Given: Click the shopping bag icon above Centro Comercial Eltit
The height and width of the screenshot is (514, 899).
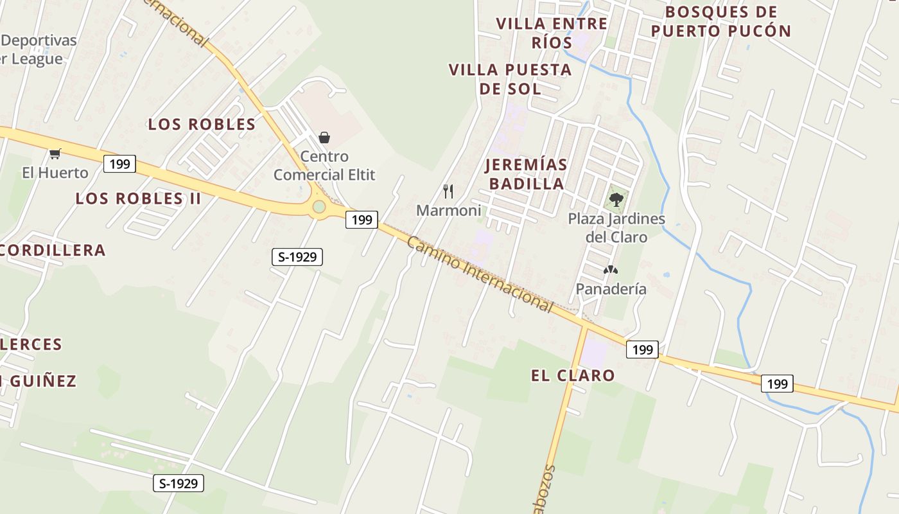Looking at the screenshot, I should coord(324,137).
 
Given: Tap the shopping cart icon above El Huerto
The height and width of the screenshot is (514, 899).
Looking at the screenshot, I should coord(55,154).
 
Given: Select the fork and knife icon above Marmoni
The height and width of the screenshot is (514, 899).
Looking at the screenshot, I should coord(448,191).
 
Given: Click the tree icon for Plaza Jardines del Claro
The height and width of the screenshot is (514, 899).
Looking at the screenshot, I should coord(616,199).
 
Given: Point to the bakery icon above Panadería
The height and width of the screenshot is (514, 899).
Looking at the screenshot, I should coord(610,270).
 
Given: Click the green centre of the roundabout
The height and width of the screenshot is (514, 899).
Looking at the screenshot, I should coord(319,207).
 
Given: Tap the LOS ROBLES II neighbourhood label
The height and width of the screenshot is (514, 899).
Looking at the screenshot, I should coord(138,199).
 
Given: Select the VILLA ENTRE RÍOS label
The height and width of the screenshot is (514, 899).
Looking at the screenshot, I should coord(552,33).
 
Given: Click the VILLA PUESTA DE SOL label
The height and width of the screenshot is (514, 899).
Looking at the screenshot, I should coord(510,79).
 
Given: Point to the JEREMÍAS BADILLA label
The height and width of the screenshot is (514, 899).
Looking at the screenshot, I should coord(527,174).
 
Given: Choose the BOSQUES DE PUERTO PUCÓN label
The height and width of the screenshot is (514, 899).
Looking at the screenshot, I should coord(720,21).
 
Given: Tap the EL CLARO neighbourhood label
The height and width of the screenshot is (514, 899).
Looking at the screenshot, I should coord(573,375).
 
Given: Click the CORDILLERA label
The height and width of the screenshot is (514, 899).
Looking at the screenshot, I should coord(53,251).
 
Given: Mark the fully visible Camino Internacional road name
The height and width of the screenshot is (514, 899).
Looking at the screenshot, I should coord(480,274).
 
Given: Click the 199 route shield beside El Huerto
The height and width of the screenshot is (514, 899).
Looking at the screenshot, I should coord(119,164).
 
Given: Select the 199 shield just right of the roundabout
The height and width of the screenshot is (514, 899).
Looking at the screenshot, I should coord(362,220).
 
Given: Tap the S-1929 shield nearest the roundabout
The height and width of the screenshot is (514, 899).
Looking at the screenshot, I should coord(297,257).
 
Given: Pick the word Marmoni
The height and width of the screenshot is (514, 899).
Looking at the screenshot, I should coord(448,210).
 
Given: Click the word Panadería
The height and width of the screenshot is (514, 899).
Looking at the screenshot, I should coord(611,289).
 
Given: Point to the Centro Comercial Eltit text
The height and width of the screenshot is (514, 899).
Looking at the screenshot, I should coord(324,165).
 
